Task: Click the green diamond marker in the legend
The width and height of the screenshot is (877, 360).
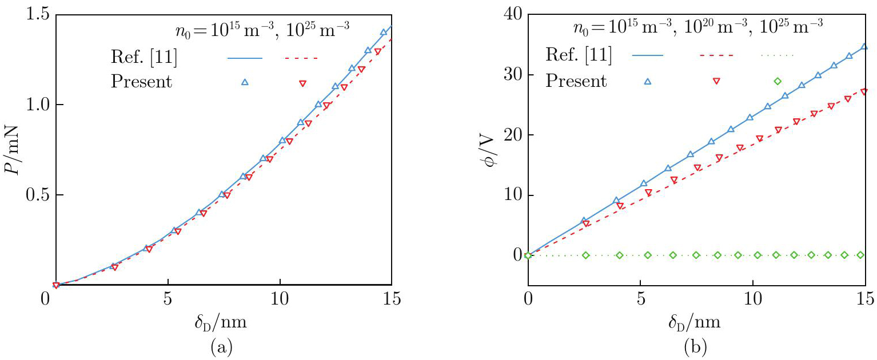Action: [777, 81]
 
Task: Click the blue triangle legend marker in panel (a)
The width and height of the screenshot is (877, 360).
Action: [245, 82]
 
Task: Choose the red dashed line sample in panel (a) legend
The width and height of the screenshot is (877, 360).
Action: [301, 58]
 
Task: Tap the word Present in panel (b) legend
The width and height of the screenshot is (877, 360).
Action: [576, 81]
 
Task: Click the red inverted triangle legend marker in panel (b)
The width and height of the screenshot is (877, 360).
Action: [716, 81]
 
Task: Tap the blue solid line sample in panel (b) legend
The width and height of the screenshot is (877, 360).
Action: [648, 55]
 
